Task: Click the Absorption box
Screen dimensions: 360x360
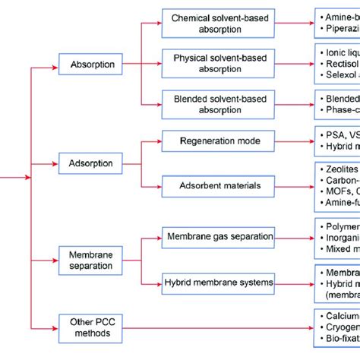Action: click(x=93, y=65)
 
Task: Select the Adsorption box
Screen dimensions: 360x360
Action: click(x=90, y=163)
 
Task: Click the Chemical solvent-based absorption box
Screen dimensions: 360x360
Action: click(x=217, y=23)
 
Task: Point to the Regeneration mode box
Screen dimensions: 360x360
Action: click(x=217, y=142)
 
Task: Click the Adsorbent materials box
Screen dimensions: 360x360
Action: click(x=217, y=185)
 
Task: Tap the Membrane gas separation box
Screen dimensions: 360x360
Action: click(x=217, y=237)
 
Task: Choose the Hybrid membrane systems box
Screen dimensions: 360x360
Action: click(x=217, y=283)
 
